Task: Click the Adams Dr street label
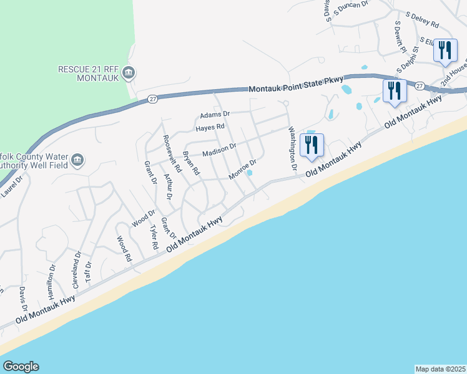215,115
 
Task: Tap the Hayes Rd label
210,127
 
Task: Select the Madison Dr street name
219,150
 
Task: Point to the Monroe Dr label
243,170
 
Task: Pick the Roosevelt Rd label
171,153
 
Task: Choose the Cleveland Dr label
78,267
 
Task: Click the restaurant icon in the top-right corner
445,50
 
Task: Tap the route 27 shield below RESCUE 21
152,98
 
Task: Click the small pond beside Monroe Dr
250,173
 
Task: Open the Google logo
21,367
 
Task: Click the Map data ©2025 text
440,369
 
